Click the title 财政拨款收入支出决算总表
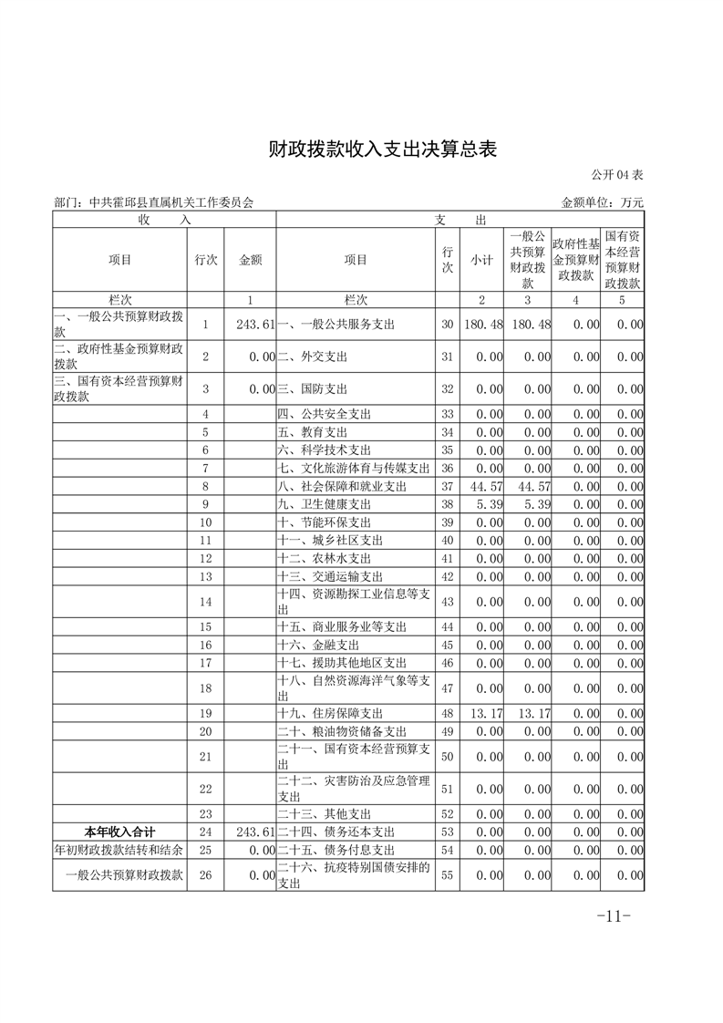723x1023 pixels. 382,150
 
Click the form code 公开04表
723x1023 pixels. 617,174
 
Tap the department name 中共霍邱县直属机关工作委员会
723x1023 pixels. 160,202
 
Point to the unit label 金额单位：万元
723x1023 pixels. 603,202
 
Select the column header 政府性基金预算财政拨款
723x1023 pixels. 575,260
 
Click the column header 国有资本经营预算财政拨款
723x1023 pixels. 622,260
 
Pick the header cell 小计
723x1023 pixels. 481,260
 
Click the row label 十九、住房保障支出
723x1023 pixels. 330,713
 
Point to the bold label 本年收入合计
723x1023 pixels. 119,832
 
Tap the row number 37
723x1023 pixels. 447,486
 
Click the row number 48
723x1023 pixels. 447,713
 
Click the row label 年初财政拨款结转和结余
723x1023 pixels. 119,850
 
